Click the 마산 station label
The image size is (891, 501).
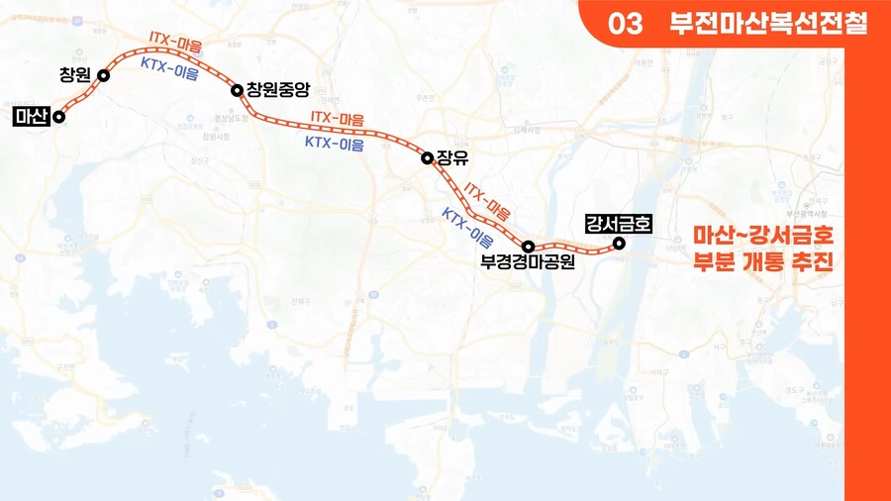(x=32, y=116)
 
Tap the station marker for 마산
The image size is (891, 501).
(x=59, y=116)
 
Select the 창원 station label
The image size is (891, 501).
(x=74, y=75)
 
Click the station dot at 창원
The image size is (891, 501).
(x=103, y=75)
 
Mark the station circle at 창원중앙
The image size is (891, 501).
(x=238, y=91)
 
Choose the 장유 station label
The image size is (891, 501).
(x=450, y=157)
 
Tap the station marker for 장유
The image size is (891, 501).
(x=427, y=157)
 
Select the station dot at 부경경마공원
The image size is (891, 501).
(x=529, y=246)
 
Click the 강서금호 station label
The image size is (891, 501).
(x=619, y=222)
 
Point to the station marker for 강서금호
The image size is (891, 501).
(x=619, y=243)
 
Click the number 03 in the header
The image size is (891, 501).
(x=626, y=25)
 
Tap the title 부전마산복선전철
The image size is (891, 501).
(x=768, y=25)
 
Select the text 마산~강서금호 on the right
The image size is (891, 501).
(x=763, y=237)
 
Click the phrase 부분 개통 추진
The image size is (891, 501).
(x=763, y=264)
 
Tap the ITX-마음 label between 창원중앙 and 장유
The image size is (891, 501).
(x=338, y=118)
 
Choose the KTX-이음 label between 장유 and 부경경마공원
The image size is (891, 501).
(x=467, y=228)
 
